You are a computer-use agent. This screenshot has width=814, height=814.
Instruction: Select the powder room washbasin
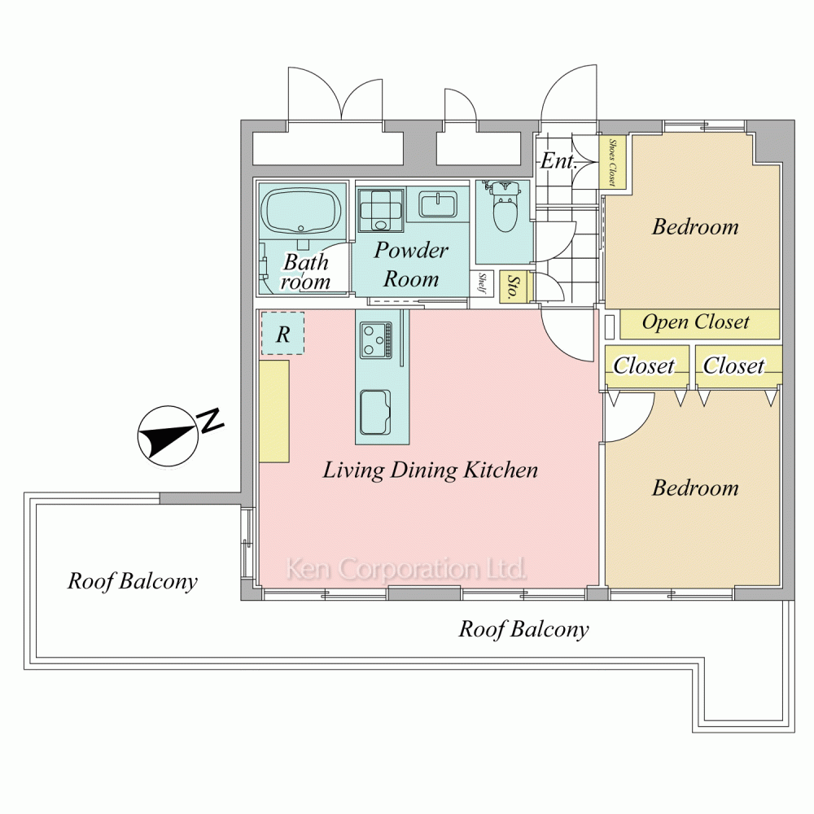pyautogui.click(x=438, y=204)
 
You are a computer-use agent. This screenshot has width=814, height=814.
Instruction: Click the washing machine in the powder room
pyautogui.click(x=381, y=210)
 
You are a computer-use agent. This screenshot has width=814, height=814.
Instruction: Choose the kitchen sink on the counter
pyautogui.click(x=374, y=413)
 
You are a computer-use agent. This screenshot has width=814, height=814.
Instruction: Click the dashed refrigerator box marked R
pyautogui.click(x=282, y=333)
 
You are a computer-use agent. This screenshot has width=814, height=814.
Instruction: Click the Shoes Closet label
pyautogui.click(x=613, y=162)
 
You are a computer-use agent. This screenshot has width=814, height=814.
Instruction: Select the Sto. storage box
pyautogui.click(x=514, y=287)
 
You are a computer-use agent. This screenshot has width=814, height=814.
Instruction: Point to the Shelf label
pyautogui.click(x=482, y=283)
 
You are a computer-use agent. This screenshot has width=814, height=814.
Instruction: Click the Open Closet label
pyautogui.click(x=696, y=322)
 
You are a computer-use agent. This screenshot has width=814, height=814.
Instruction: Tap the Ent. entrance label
pyautogui.click(x=558, y=161)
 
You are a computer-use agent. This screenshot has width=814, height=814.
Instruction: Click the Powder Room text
pyautogui.click(x=411, y=265)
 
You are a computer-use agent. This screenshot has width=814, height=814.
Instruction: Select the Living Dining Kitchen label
pyautogui.click(x=431, y=470)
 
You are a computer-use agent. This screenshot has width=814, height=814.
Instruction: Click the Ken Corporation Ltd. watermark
pyautogui.click(x=406, y=569)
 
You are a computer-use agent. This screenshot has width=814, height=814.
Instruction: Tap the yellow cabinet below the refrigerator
pyautogui.click(x=274, y=410)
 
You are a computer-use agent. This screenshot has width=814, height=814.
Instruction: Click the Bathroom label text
pyautogui.click(x=305, y=272)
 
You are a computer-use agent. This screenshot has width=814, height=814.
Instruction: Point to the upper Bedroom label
pyautogui.click(x=695, y=226)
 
